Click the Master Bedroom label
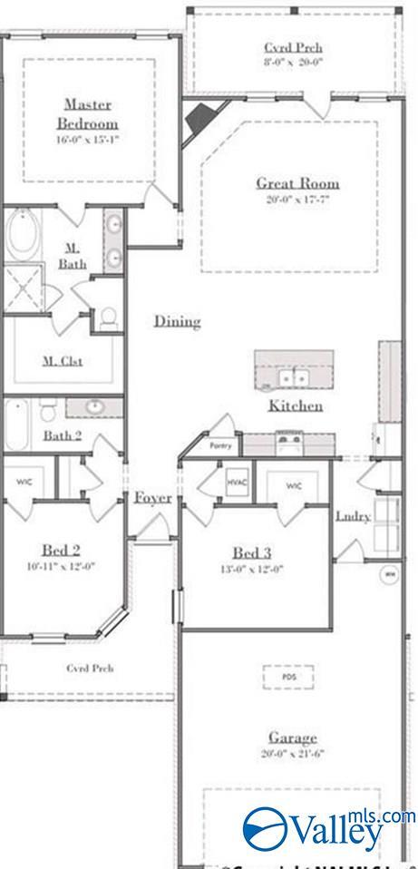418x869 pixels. pyautogui.click(x=88, y=113)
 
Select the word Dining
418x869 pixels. pyautogui.click(x=177, y=321)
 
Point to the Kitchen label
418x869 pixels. pyautogui.click(x=295, y=405)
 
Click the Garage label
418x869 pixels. pyautogui.click(x=292, y=737)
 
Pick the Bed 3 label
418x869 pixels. pyautogui.click(x=252, y=553)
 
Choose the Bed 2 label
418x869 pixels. pyautogui.click(x=62, y=550)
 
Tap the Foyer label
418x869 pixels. pyautogui.click(x=153, y=497)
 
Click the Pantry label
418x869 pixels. pyautogui.click(x=220, y=446)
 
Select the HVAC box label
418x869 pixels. pyautogui.click(x=238, y=482)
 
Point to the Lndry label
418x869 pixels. pyautogui.click(x=353, y=516)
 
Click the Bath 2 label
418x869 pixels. pyautogui.click(x=63, y=435)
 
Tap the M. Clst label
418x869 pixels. pyautogui.click(x=63, y=361)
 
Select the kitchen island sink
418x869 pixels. pyautogui.click(x=294, y=376)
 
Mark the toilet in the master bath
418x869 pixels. pyautogui.click(x=109, y=317)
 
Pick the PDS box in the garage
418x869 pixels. pyautogui.click(x=289, y=678)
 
